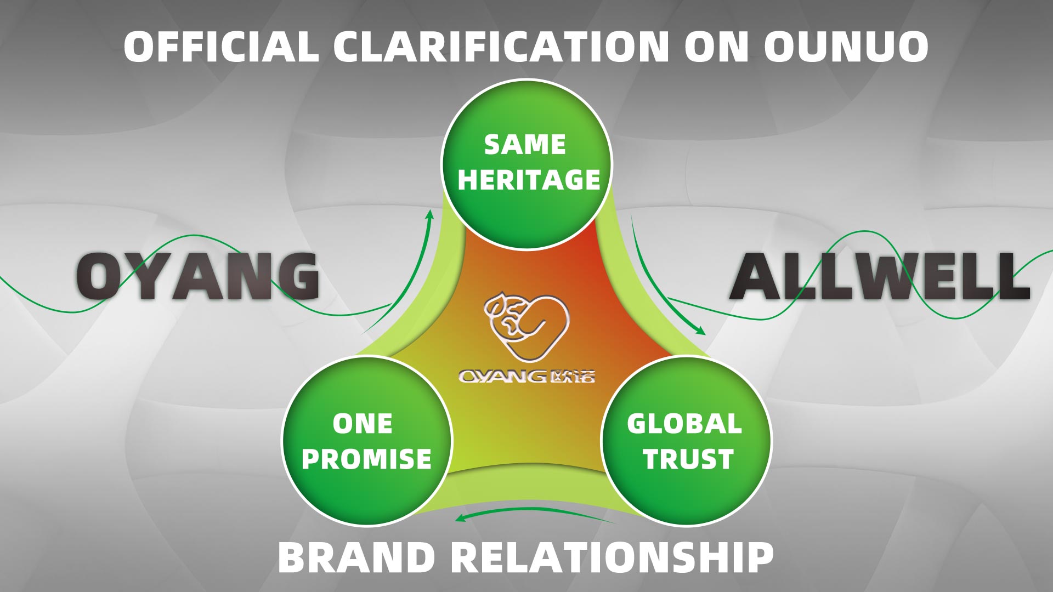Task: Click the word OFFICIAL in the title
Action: point(221,46)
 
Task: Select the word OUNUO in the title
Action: point(846,46)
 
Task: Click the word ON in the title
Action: point(717,46)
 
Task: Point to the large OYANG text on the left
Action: point(197,275)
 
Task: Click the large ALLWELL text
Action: point(879,275)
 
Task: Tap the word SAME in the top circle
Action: point(525,145)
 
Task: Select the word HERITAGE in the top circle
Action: point(529,180)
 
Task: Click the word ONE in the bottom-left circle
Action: point(363,424)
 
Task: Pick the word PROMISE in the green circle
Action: point(366,459)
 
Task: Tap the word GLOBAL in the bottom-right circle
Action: point(684,424)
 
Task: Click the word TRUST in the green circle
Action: point(688,459)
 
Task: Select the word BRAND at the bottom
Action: point(356,557)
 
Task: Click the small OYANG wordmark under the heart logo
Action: point(503,377)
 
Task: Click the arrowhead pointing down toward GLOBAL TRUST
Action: point(700,331)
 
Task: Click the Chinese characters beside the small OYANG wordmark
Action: point(571,377)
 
